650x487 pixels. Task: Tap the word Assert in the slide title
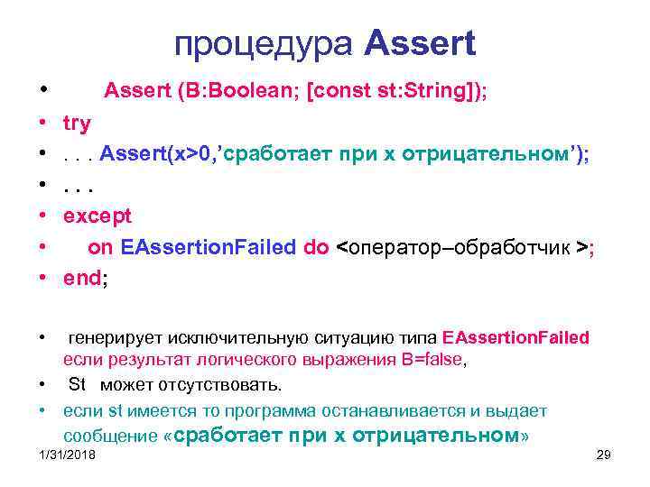pos(422,43)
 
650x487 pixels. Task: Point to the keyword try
pos(77,123)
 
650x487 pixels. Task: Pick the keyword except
pos(97,216)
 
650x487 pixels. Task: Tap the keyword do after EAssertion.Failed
pos(316,247)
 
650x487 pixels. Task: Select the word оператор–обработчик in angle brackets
pos(460,248)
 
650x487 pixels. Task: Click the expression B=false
pos(426,359)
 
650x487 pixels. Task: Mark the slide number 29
pos(604,455)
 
